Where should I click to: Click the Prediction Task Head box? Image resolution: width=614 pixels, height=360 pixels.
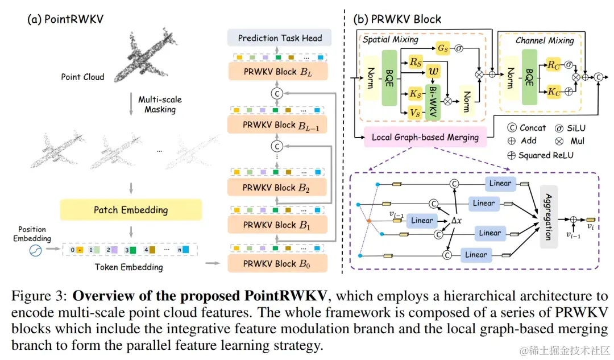click(280, 39)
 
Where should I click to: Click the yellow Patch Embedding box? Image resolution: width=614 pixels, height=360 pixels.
click(131, 210)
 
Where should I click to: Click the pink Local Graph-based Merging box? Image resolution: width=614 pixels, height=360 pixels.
click(425, 137)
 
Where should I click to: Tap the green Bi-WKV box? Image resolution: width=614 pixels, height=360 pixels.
click(433, 98)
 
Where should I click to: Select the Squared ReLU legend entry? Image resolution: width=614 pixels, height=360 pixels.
click(542, 155)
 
